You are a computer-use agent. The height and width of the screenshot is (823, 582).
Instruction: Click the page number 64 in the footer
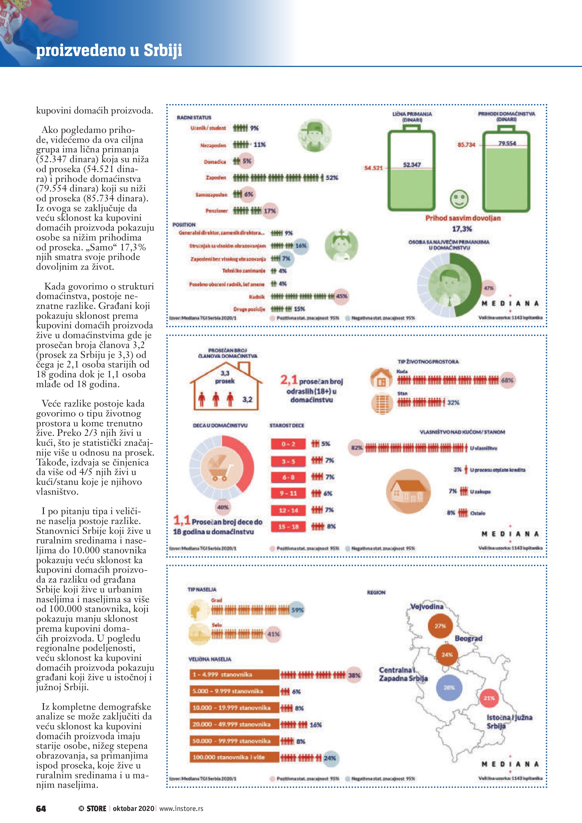click(x=41, y=808)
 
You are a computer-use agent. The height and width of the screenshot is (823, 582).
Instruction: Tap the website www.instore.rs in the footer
click(x=181, y=808)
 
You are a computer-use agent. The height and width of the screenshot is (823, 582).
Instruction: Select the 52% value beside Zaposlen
click(x=332, y=177)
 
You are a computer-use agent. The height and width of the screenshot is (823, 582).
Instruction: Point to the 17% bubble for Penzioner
click(x=269, y=211)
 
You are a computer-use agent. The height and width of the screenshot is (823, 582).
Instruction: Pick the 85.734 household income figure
click(x=466, y=145)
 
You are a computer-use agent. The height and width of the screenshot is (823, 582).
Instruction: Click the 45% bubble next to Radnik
click(x=341, y=296)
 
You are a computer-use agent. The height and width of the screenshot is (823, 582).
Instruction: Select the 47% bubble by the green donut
click(x=489, y=288)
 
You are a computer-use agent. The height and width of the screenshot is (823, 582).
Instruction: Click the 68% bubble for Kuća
click(x=507, y=380)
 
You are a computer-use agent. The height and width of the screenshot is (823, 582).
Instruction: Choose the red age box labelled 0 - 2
click(x=288, y=444)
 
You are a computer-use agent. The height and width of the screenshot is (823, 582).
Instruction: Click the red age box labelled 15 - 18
click(x=288, y=527)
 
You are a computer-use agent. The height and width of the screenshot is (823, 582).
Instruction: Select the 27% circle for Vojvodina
click(x=440, y=626)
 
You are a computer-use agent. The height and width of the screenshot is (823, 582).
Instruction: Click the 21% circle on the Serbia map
click(x=489, y=698)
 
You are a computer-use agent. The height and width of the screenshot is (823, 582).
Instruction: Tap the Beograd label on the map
click(x=469, y=638)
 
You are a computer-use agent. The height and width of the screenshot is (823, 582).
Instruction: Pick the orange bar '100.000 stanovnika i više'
click(x=234, y=757)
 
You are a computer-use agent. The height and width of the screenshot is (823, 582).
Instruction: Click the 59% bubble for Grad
click(x=297, y=610)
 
